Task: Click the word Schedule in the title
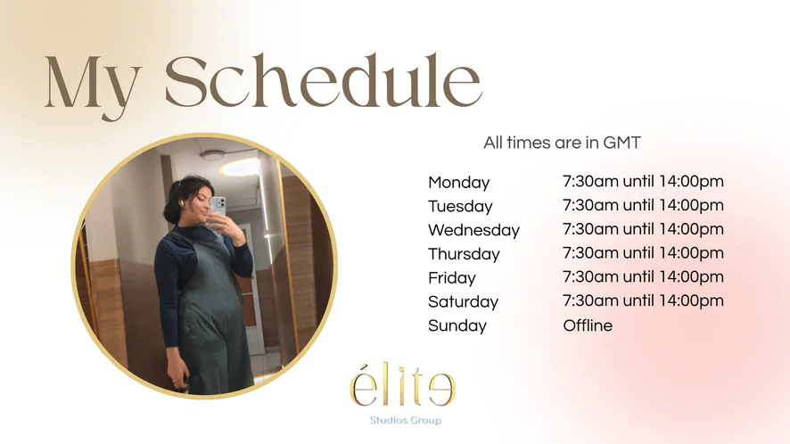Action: tap(324, 81)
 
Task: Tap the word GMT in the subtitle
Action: tap(621, 143)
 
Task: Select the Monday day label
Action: tap(458, 183)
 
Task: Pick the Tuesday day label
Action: tap(460, 206)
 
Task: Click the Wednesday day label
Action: tap(473, 230)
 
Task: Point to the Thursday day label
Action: tap(464, 254)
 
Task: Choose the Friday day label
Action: tap(451, 277)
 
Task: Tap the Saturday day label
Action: tap(463, 301)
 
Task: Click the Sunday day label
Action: tap(457, 325)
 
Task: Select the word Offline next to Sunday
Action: tap(588, 325)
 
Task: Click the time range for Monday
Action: tap(643, 181)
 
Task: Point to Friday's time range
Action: tap(643, 276)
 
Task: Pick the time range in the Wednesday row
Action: tap(643, 229)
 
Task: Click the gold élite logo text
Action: tap(402, 384)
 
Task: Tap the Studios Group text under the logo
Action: tap(406, 420)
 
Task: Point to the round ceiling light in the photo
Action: tap(211, 155)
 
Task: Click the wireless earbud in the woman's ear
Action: tap(180, 202)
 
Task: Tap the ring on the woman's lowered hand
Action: tap(176, 384)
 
